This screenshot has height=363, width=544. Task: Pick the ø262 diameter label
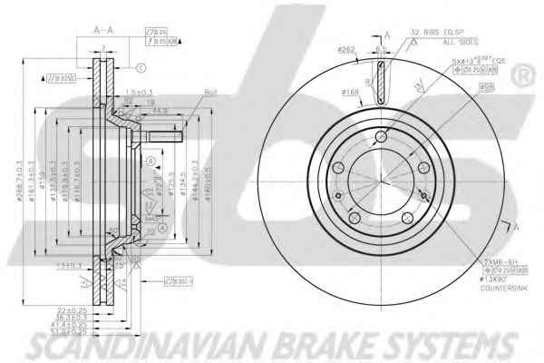[x=345, y=50]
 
